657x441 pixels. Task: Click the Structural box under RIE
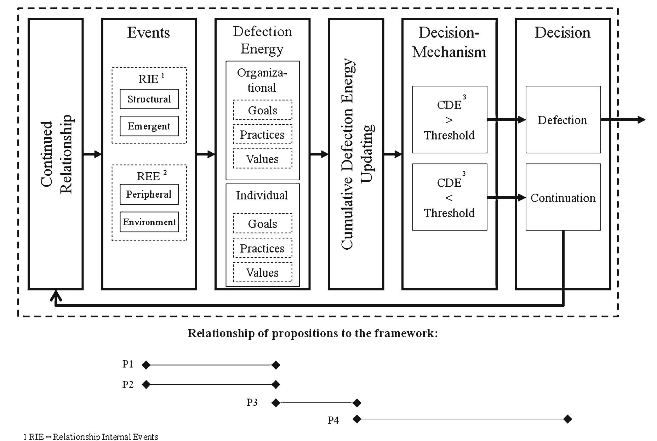click(149, 99)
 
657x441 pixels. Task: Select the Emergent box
click(149, 126)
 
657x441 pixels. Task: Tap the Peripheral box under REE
click(149, 194)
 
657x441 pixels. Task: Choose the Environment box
click(149, 222)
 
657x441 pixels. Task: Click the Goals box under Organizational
click(262, 110)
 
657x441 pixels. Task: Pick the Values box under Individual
click(262, 272)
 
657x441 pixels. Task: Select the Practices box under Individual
click(262, 248)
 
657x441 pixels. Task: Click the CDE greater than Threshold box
click(449, 120)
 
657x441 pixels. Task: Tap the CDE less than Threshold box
click(449, 197)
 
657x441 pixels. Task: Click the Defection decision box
click(562, 120)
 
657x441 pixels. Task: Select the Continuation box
click(562, 198)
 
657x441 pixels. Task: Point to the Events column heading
click(149, 33)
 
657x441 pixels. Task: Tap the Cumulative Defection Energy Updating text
click(356, 154)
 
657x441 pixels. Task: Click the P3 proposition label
click(252, 402)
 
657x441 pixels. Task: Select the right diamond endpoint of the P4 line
click(567, 419)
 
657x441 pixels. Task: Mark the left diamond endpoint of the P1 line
click(146, 365)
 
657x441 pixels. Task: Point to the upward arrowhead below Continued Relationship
click(56, 295)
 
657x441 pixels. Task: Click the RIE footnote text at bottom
click(91, 437)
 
